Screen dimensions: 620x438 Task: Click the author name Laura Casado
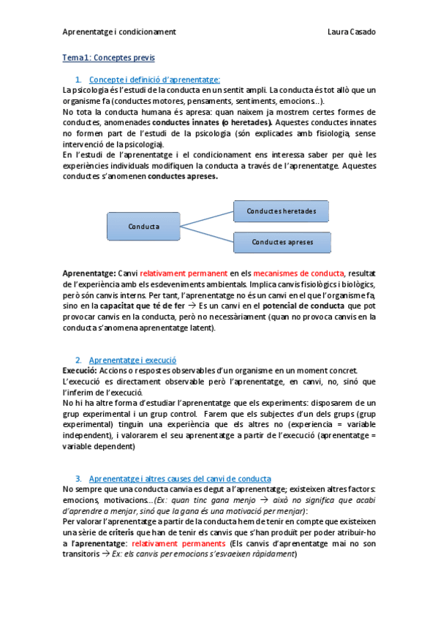coord(352,32)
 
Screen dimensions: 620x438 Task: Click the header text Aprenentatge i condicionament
coord(119,32)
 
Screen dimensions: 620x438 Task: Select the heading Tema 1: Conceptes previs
coord(108,57)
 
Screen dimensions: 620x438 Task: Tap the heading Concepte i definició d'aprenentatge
coord(154,79)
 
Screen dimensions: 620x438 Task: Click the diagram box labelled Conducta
coord(143,226)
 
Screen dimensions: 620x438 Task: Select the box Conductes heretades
coord(282,211)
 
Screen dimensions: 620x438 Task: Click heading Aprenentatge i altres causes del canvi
coord(179,478)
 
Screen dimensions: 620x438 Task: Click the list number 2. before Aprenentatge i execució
coord(78,360)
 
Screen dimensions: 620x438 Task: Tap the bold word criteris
coord(125,533)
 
